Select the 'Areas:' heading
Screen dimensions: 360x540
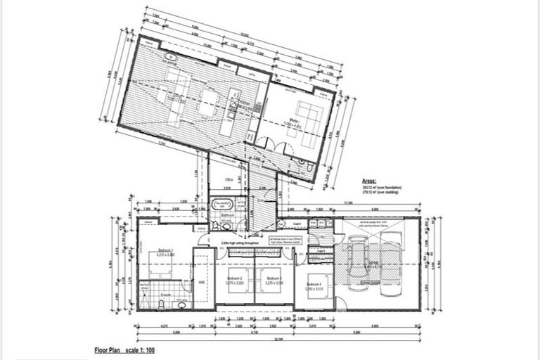click(371, 180)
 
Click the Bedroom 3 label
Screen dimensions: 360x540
click(274, 280)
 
